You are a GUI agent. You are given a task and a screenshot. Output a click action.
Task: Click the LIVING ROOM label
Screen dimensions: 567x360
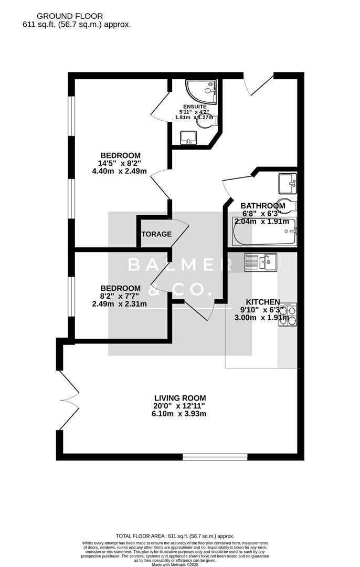pyautogui.click(x=180, y=398)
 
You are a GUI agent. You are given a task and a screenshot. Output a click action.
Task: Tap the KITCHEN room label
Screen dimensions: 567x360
pyautogui.click(x=263, y=302)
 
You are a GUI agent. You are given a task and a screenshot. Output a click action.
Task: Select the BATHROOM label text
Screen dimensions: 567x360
pyautogui.click(x=263, y=206)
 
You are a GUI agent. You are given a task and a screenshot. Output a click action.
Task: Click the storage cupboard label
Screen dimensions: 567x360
pyautogui.click(x=156, y=234)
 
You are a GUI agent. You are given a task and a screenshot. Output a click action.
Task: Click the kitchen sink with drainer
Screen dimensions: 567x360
pyautogui.click(x=260, y=261)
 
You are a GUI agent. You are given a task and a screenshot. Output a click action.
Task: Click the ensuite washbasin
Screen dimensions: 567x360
pyautogui.click(x=188, y=138)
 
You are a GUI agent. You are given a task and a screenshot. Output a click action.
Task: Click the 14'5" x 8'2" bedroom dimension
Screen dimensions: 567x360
pyautogui.click(x=121, y=163)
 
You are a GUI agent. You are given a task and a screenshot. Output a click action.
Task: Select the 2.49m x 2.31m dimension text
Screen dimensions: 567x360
pyautogui.click(x=120, y=303)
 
